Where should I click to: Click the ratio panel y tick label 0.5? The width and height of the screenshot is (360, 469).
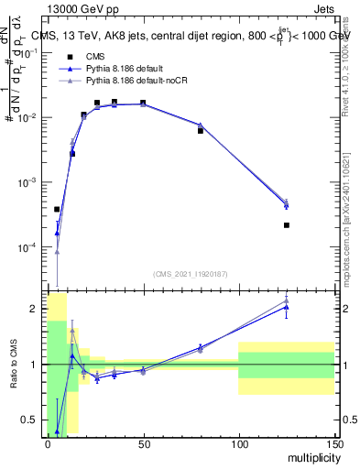[30, 420]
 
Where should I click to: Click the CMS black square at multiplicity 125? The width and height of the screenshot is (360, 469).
[287, 225]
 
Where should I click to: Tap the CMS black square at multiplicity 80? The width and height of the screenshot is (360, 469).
[201, 131]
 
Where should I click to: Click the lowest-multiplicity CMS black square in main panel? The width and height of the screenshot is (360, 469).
[57, 209]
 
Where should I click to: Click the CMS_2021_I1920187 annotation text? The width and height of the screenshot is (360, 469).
[189, 274]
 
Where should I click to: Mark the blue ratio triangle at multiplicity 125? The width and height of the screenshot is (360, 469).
[287, 307]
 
